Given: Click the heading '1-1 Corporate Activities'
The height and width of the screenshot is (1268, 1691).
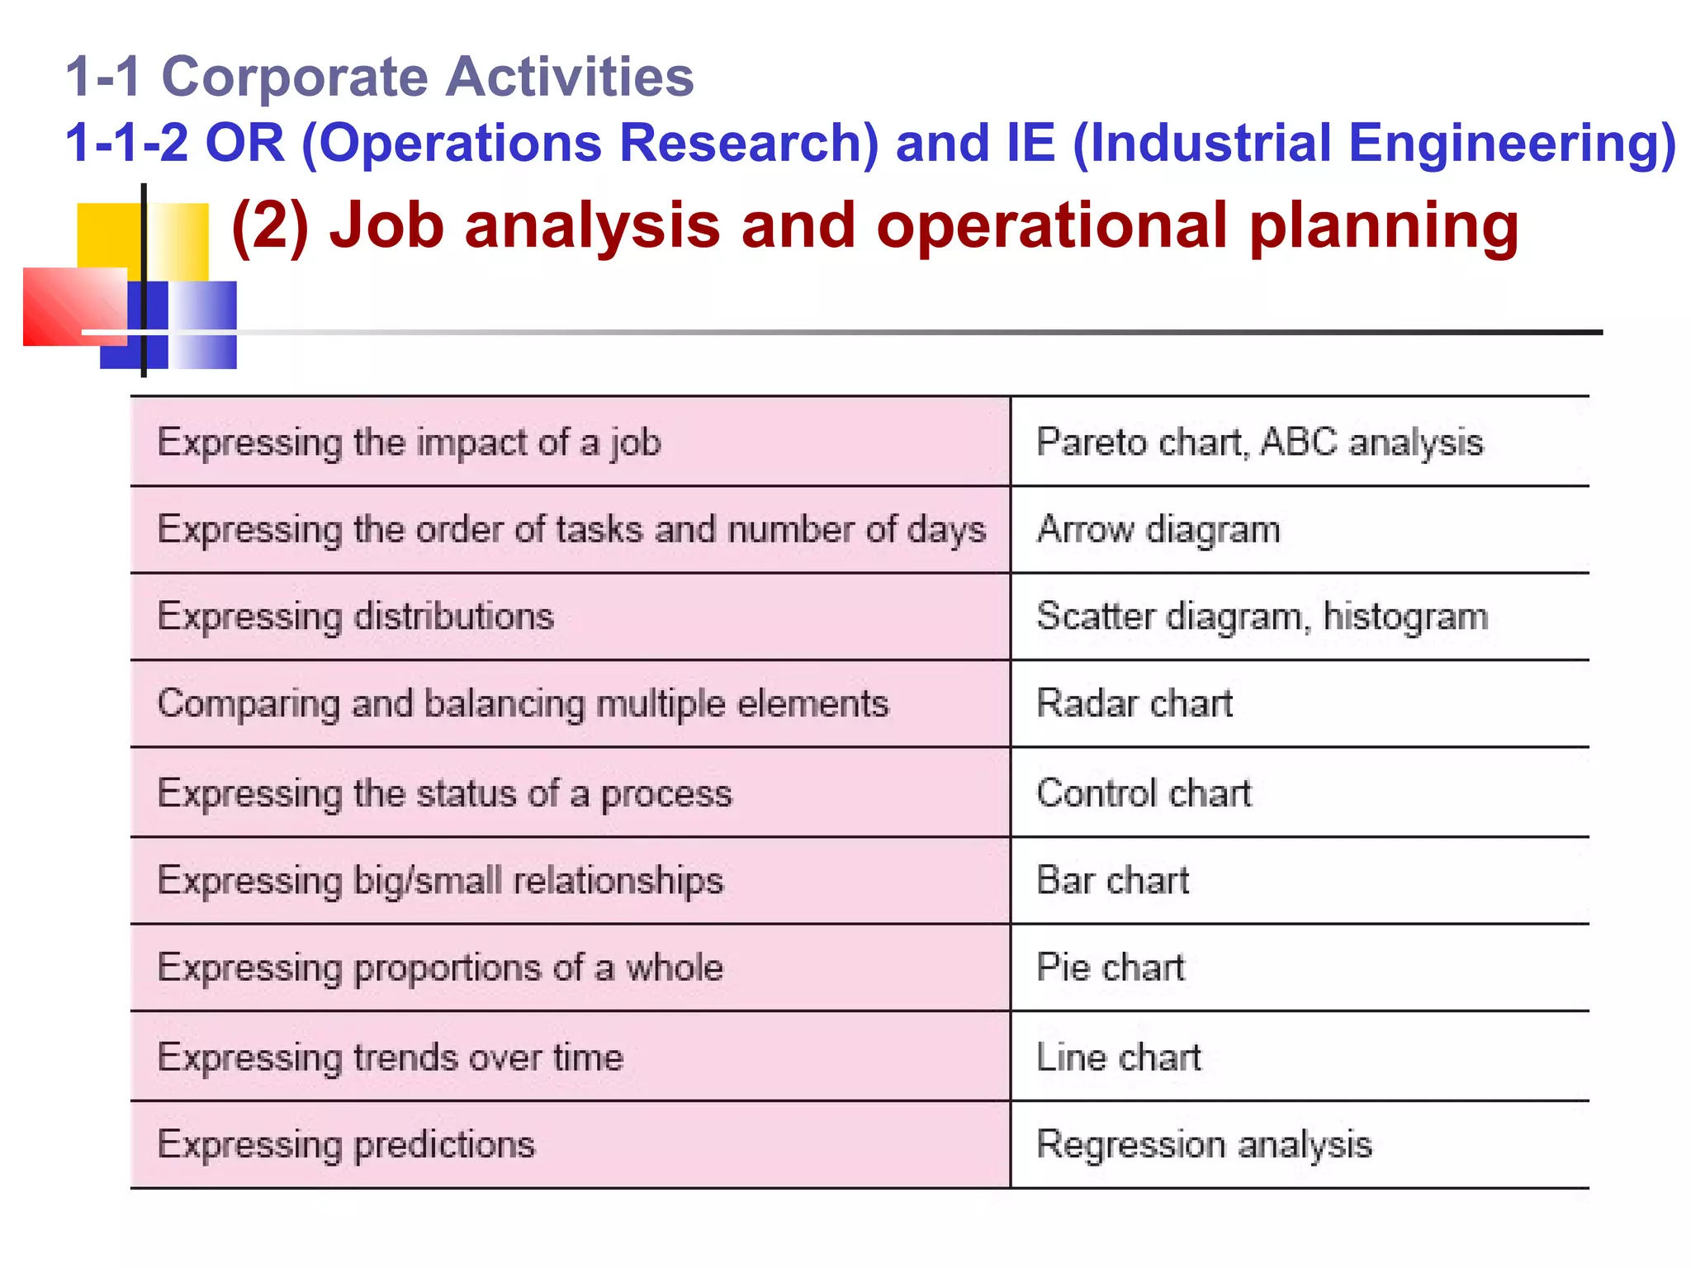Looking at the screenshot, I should click(x=380, y=77).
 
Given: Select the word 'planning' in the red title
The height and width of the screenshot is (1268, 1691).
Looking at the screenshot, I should click(x=1383, y=225).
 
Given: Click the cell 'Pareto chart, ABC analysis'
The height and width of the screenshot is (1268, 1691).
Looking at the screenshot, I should click(x=1259, y=442).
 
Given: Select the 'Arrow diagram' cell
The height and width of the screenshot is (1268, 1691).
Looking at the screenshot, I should click(x=1158, y=529).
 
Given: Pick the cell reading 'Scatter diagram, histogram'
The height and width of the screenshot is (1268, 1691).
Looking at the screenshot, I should click(x=1262, y=617).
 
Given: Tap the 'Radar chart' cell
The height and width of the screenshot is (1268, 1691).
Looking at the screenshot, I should click(x=1134, y=704).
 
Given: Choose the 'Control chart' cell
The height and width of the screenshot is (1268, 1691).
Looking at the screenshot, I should click(x=1144, y=793).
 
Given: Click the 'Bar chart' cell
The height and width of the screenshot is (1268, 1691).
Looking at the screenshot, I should click(x=1112, y=880).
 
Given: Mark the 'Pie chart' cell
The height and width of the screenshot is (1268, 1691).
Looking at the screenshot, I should click(x=1110, y=968).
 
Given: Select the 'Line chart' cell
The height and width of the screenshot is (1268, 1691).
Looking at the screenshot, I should click(x=1118, y=1057).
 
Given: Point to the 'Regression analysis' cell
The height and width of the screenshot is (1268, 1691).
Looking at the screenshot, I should click(x=1204, y=1145).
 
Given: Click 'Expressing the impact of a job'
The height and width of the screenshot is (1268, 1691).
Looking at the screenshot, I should click(x=409, y=442).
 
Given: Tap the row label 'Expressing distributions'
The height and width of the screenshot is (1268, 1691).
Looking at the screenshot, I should click(x=355, y=617).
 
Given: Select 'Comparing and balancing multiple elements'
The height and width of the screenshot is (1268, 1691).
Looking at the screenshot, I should click(x=523, y=704).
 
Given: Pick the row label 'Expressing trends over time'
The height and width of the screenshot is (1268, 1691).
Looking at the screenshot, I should click(x=390, y=1057).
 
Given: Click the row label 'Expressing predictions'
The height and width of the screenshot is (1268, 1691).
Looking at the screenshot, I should click(x=346, y=1145).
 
